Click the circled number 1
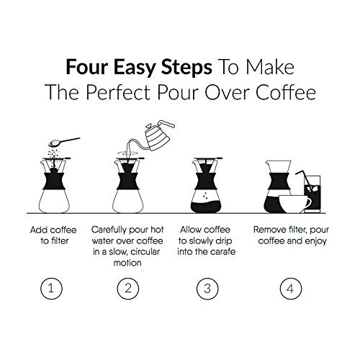pyautogui.click(x=51, y=288)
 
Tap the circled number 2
pyautogui.click(x=128, y=288)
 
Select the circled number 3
pyautogui.click(x=207, y=288)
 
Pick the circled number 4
pyautogui.click(x=291, y=288)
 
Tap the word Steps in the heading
pyautogui.click(x=186, y=68)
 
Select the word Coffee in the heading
pyautogui.click(x=285, y=92)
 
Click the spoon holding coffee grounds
pyautogui.click(x=64, y=142)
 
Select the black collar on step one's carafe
pyautogui.click(x=54, y=181)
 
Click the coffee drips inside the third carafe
pyautogui.click(x=204, y=195)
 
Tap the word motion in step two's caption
pyautogui.click(x=127, y=263)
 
